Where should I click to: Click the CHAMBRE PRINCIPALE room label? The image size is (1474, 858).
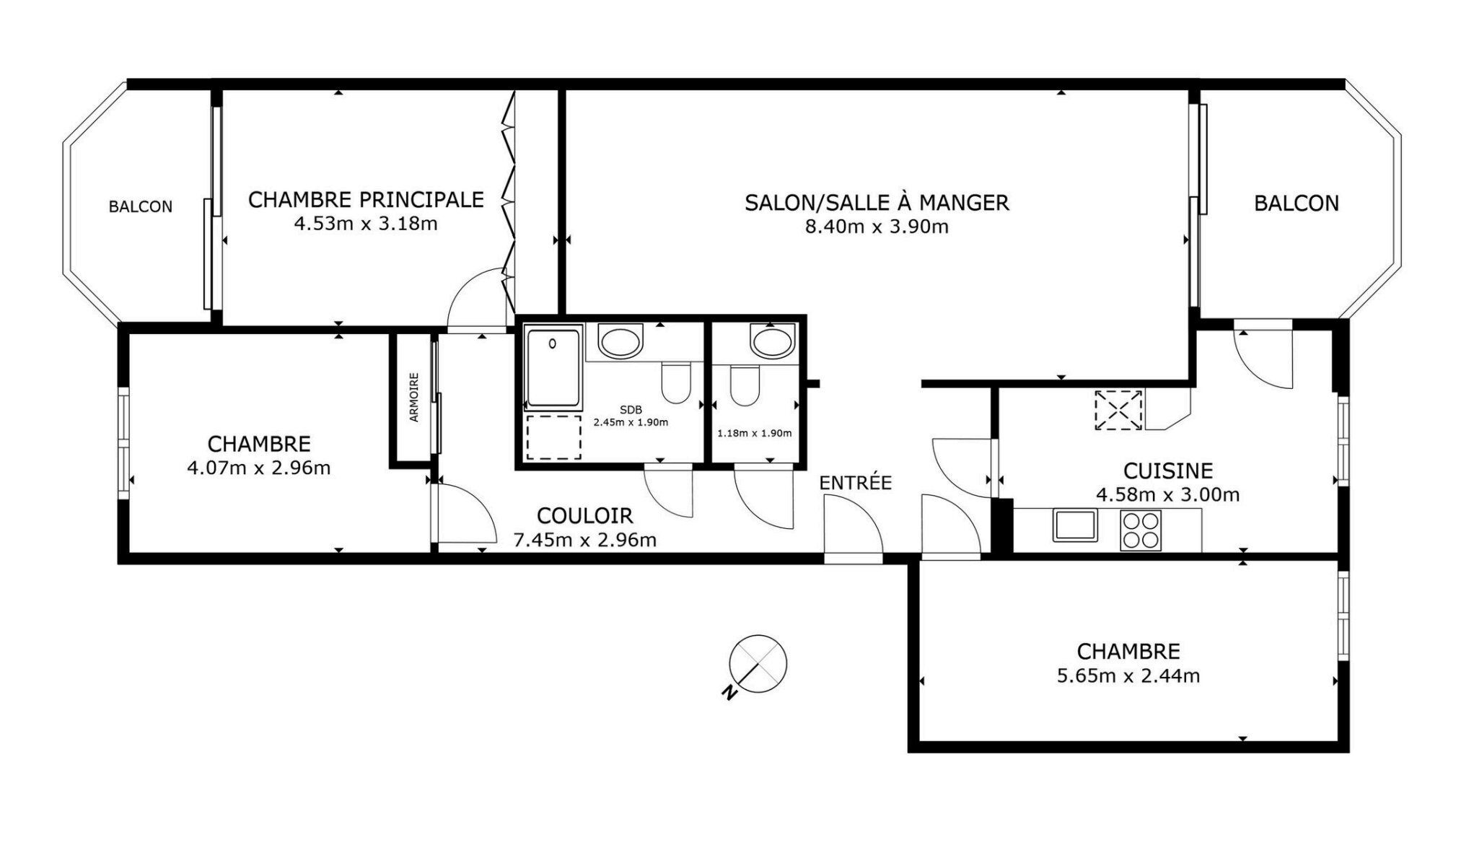[366, 199]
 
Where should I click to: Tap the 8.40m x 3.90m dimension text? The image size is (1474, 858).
[876, 227]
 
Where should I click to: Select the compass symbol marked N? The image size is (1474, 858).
[756, 665]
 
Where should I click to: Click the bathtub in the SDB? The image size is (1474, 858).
[553, 368]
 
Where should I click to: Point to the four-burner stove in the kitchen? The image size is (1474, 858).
[1140, 530]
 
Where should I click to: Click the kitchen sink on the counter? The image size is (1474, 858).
[1075, 525]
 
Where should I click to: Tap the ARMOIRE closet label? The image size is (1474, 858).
[414, 398]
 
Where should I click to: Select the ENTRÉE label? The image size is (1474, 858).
[856, 482]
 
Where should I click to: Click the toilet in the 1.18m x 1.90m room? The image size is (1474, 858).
[745, 386]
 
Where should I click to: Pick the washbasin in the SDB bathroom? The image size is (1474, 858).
[620, 342]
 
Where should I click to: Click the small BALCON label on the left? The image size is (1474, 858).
[140, 207]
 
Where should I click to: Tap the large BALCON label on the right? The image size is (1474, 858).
[1296, 203]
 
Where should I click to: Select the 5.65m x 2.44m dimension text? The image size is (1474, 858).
[1128, 676]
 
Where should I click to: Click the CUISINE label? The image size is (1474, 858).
[1167, 470]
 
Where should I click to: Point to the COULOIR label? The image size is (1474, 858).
[584, 515]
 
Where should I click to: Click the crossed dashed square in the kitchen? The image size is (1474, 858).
[1118, 410]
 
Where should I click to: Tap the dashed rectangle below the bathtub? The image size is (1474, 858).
[553, 437]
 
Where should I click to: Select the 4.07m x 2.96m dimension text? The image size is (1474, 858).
[258, 468]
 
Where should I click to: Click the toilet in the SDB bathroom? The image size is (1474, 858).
[676, 383]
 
